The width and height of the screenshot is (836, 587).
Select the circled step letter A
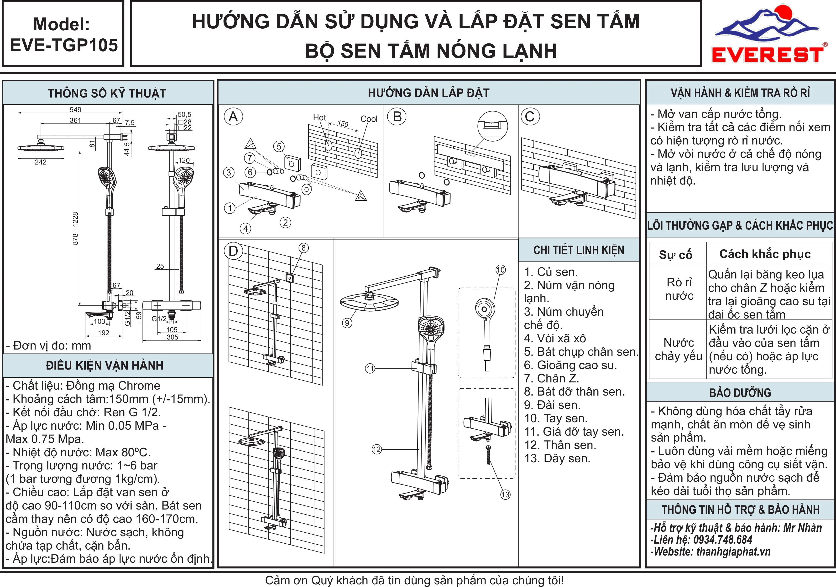coord(233,117)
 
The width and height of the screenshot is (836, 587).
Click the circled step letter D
coord(233,251)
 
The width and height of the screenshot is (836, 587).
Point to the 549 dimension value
coord(75,109)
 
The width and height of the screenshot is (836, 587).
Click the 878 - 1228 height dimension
coord(75,229)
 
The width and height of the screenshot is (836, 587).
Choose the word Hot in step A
coord(319,118)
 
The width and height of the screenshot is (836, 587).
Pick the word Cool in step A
coord(369,119)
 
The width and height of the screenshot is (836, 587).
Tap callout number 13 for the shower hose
coord(505,494)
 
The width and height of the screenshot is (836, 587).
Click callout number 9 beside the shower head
coord(347,323)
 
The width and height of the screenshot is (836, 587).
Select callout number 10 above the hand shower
coord(501,270)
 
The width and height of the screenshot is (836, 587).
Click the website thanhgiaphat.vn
coord(733,552)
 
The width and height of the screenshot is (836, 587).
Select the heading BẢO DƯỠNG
coord(740,393)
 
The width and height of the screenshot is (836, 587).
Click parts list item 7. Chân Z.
coord(551,378)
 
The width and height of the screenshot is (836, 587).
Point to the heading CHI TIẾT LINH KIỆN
coord(579,250)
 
